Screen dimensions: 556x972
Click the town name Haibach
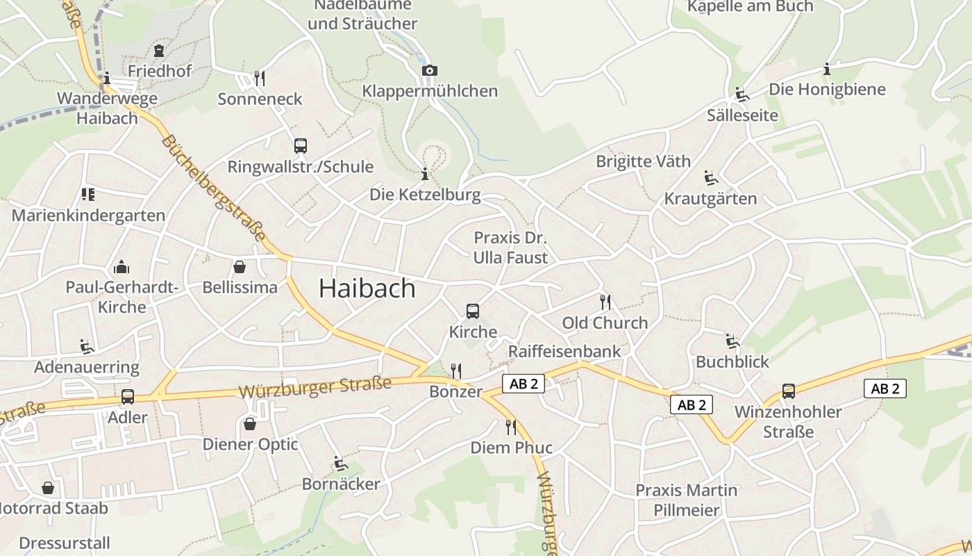367,288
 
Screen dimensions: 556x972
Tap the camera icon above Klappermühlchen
430,70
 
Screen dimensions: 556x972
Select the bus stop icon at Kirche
473,311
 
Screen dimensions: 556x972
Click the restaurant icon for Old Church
605,302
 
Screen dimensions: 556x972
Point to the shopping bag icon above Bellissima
240,267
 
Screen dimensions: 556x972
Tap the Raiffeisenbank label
564,351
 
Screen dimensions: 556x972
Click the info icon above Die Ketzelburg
425,174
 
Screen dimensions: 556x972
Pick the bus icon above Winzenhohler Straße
789,391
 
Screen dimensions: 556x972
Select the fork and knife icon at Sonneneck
260,78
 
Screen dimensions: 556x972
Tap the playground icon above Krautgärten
711,179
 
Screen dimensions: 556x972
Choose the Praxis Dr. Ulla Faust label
510,247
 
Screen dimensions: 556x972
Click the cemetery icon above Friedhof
160,51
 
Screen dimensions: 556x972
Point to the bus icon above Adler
128,397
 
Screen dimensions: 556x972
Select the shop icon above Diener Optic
250,423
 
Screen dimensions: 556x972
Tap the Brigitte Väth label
644,161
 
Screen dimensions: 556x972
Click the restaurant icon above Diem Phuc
511,427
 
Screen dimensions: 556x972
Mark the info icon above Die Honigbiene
827,69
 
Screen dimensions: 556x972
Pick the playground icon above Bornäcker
340,463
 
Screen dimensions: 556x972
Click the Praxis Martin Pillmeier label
687,500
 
